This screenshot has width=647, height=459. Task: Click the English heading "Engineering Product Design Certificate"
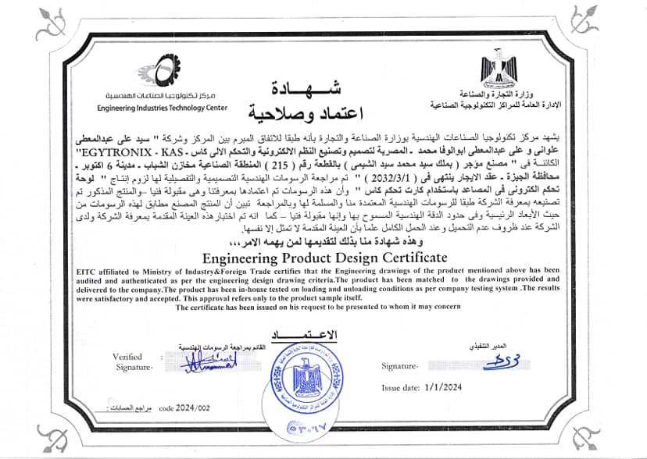323,257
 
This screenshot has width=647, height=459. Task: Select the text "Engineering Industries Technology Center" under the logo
163,108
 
